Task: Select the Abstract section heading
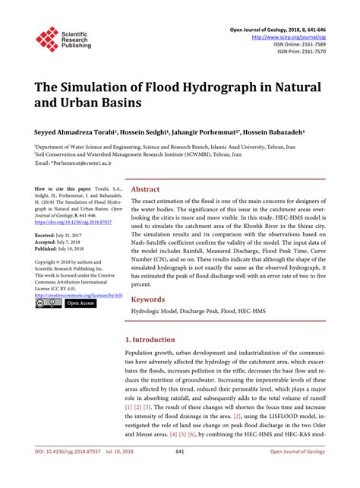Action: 146,189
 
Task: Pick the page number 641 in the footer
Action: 180,472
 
